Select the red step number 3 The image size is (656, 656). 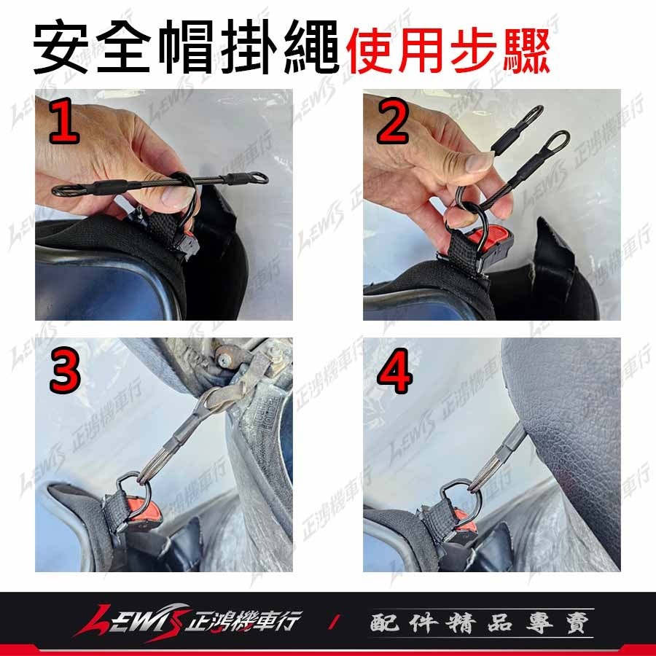(65, 373)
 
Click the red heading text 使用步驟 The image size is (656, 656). (448, 51)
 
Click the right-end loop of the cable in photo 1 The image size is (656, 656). (255, 177)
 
